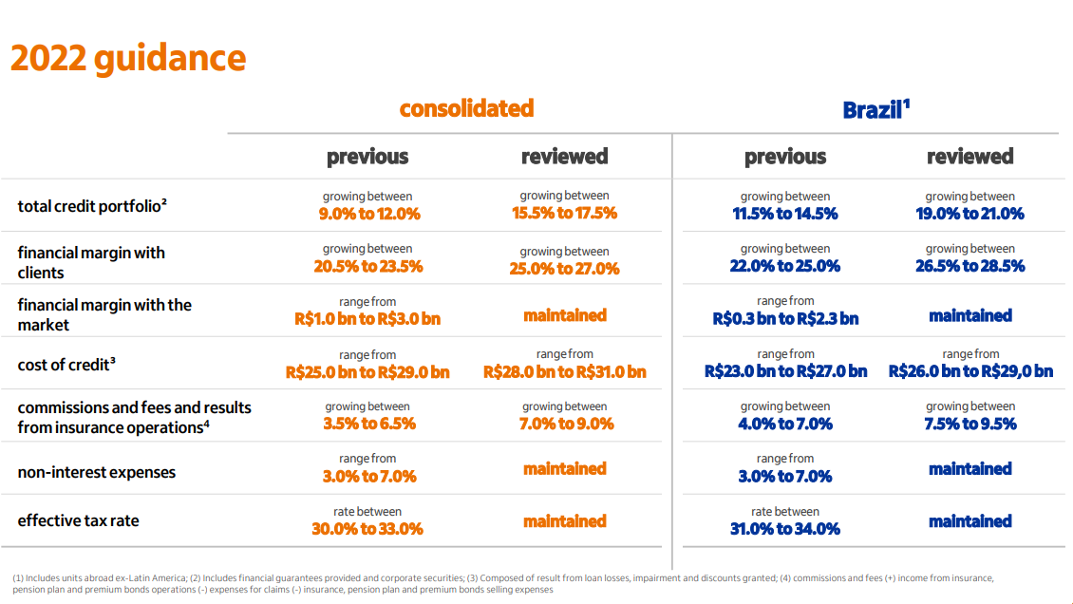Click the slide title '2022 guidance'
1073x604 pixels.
[128, 58]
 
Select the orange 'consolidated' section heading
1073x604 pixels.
[466, 108]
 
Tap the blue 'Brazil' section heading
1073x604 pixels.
[872, 110]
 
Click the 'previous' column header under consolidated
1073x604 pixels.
[367, 157]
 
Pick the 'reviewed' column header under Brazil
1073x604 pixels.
[969, 157]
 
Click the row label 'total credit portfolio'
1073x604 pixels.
[92, 206]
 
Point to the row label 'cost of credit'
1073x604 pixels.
[66, 365]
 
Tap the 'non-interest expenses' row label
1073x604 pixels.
[96, 472]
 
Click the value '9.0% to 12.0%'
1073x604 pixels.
[368, 214]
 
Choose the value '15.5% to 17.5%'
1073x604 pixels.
[564, 214]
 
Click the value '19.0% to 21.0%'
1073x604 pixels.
[969, 214]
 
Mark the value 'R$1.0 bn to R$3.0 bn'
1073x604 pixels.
[367, 319]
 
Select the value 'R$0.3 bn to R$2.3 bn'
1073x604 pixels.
[785, 319]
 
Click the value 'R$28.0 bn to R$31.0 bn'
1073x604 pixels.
[564, 371]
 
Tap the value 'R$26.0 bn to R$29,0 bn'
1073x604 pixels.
[970, 371]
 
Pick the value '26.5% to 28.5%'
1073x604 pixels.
[969, 267]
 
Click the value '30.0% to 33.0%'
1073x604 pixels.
[367, 529]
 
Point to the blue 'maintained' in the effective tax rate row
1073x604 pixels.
[969, 521]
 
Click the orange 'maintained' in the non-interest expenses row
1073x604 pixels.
[564, 469]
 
